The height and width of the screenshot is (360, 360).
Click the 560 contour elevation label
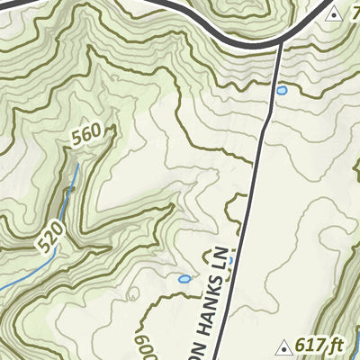click(x=86, y=135)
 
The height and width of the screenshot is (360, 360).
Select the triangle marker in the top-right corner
click(x=335, y=13)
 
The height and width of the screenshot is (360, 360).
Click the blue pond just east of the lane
click(x=282, y=91)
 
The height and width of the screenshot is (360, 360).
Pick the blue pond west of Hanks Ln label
click(x=184, y=280)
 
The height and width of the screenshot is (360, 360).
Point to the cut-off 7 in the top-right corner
click(x=355, y=13)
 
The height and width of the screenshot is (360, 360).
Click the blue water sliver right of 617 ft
click(x=356, y=342)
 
